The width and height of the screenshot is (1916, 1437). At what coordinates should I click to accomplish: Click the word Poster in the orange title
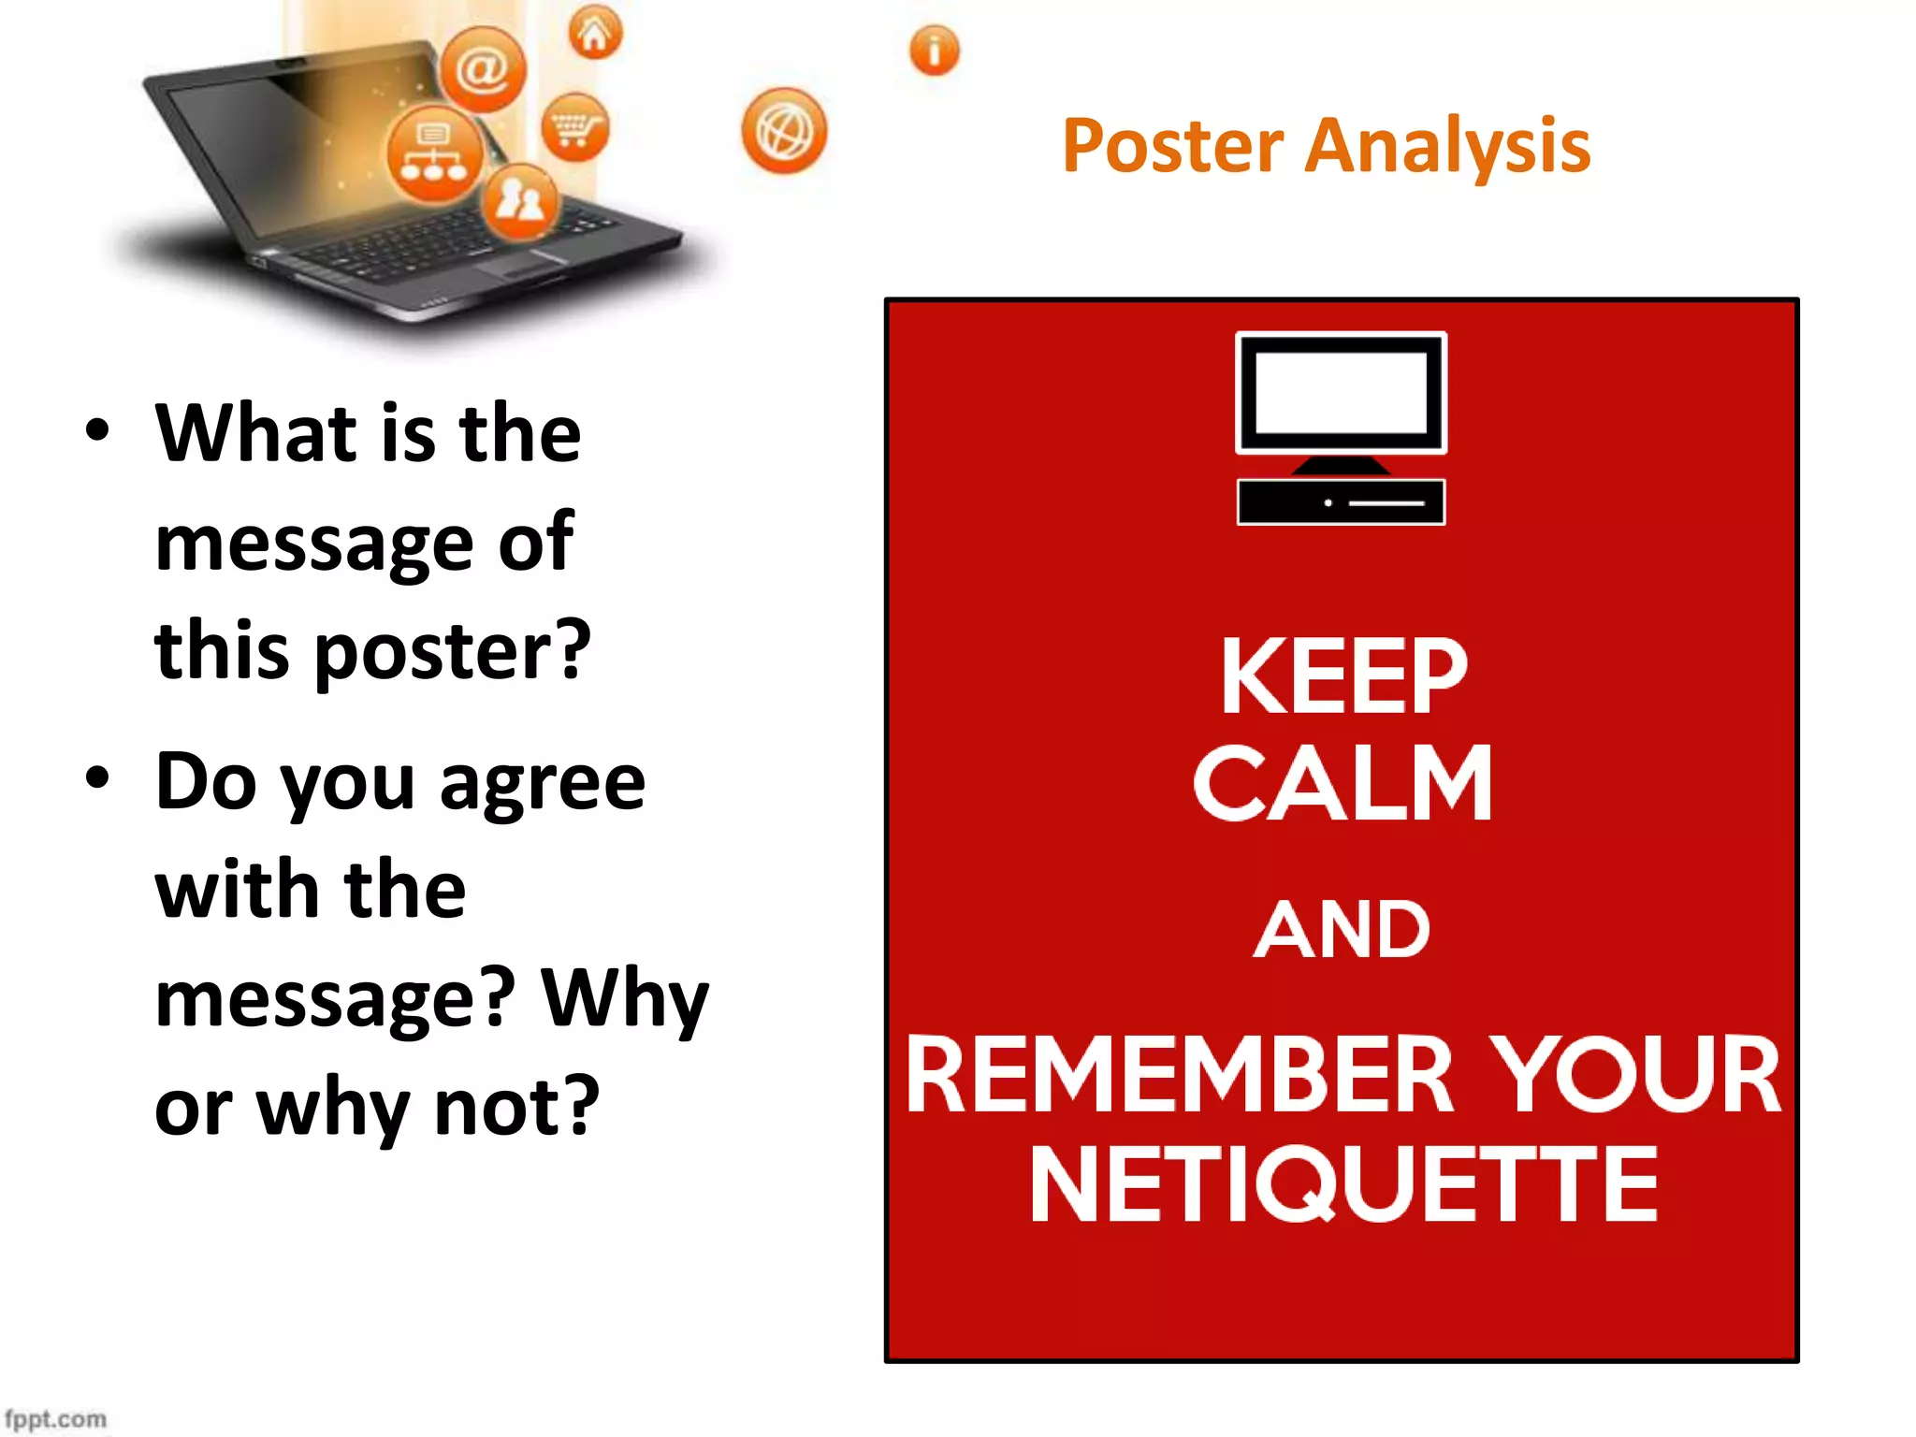(x=1173, y=147)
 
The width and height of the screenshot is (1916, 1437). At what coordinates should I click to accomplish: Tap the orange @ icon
(x=483, y=69)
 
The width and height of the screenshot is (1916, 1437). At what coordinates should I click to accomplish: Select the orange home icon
(x=595, y=33)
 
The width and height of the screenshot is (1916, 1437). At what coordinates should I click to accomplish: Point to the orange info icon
(x=934, y=51)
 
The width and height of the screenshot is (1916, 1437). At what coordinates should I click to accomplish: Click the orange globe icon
(x=784, y=132)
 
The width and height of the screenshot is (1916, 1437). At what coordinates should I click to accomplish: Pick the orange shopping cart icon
(x=574, y=126)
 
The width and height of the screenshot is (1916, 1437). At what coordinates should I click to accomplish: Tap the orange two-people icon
(x=520, y=200)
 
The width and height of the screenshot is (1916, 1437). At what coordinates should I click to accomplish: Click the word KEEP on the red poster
(x=1343, y=676)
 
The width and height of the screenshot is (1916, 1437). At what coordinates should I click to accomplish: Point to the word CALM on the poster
(x=1343, y=784)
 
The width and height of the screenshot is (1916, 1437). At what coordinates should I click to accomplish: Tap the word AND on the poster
(x=1343, y=931)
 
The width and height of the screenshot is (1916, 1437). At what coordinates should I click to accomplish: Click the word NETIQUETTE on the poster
(x=1343, y=1185)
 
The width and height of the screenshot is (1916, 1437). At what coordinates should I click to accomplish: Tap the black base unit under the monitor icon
(x=1341, y=502)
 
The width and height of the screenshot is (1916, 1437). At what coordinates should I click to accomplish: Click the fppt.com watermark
(x=55, y=1418)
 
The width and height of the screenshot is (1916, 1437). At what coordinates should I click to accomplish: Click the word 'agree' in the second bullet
(x=543, y=784)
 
